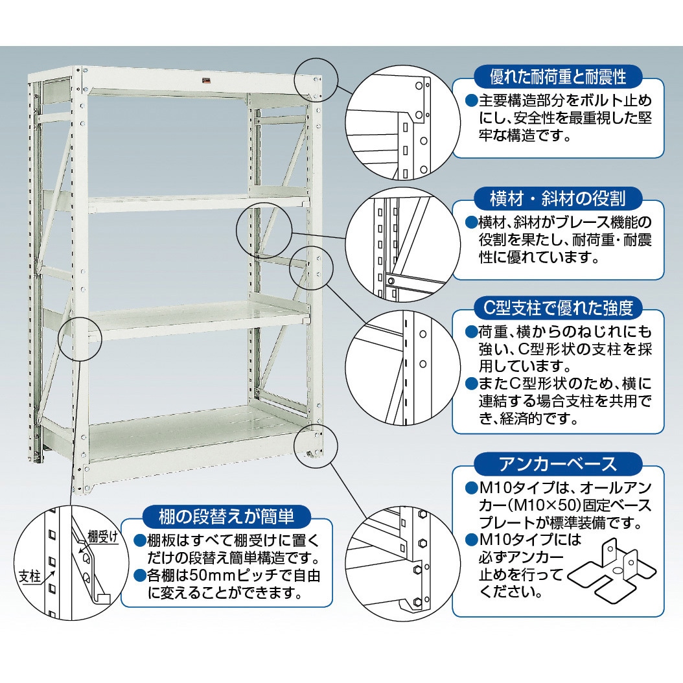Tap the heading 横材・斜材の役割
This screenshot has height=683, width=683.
click(558, 199)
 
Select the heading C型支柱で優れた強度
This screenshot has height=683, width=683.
click(558, 308)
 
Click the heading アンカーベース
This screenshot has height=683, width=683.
click(558, 463)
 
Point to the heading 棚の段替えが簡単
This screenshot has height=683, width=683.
click(227, 516)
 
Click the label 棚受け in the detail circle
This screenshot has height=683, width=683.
click(103, 536)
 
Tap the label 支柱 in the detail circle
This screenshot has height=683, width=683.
click(30, 577)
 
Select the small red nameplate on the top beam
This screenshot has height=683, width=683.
click(205, 80)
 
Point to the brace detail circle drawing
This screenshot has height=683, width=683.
click(403, 244)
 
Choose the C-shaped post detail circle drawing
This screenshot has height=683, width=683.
click(403, 368)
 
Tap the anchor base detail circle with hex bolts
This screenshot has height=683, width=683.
click(403, 564)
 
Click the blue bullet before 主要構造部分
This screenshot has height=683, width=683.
click(472, 101)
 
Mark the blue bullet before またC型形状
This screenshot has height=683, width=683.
click(472, 384)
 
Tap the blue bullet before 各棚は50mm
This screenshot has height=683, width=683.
click(140, 576)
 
